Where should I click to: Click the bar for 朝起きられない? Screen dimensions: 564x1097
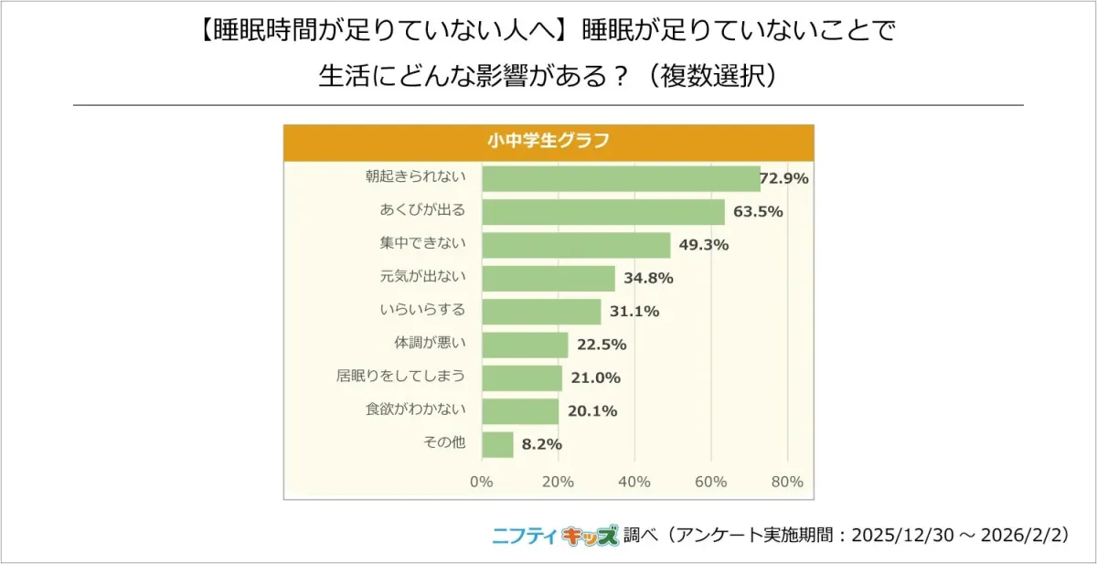[621, 179]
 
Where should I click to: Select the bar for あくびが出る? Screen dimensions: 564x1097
[603, 212]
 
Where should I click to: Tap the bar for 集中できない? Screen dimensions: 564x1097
[576, 245]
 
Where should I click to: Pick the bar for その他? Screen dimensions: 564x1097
[497, 444]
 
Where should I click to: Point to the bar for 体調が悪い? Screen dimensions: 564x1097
[525, 345]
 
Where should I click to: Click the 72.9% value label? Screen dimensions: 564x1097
[784, 179]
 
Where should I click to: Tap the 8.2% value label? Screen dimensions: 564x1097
[542, 444]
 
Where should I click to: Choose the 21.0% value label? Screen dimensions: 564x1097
[596, 378]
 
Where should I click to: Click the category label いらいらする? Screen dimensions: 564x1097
[422, 310]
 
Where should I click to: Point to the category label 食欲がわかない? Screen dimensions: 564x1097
[416, 410]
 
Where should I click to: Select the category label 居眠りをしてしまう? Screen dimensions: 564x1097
[401, 376]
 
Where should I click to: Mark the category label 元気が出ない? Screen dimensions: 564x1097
[422, 276]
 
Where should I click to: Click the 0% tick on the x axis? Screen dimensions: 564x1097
[481, 482]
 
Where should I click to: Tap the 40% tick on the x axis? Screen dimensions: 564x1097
[634, 482]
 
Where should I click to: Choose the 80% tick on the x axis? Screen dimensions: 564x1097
[787, 482]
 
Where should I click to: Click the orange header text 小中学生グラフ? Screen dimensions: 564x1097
[548, 142]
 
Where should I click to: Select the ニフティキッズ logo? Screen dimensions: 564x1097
[555, 536]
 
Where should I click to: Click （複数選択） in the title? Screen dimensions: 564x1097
[710, 75]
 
